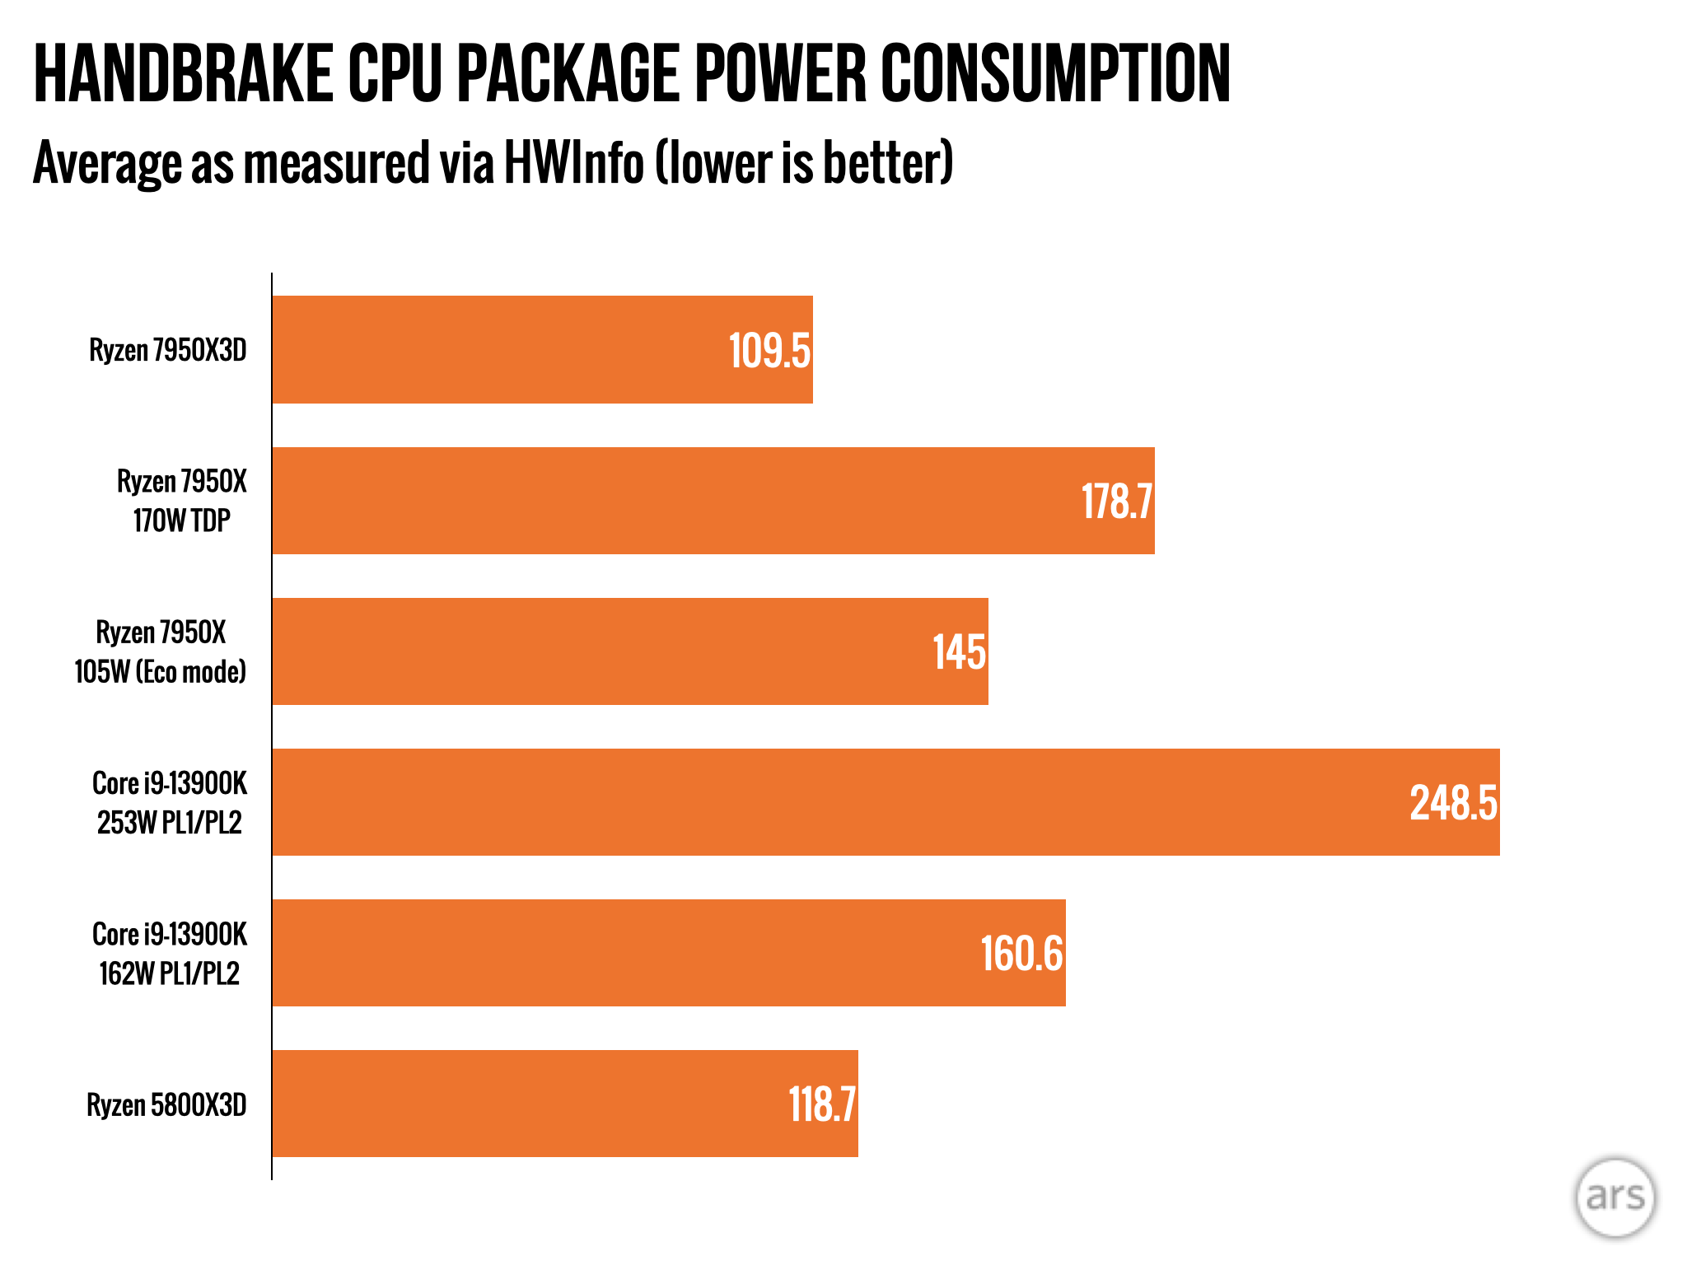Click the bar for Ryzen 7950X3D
(542, 349)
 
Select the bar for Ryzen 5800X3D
(565, 1104)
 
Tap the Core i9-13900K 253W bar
(886, 802)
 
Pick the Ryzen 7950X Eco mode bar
(630, 651)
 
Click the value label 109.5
(769, 351)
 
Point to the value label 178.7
(1116, 502)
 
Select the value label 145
(959, 652)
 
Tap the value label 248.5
(1453, 803)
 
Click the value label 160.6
(1021, 954)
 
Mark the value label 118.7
(822, 1104)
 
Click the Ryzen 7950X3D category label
(168, 350)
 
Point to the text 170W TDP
(182, 520)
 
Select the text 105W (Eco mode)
(161, 672)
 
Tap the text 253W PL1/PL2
(170, 823)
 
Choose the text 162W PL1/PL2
(170, 973)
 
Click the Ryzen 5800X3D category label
(166, 1104)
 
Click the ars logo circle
(1615, 1197)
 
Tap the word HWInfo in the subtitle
(573, 162)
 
